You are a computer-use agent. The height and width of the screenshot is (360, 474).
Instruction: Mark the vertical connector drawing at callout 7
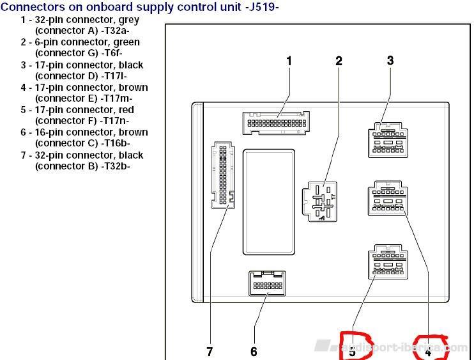click(221, 175)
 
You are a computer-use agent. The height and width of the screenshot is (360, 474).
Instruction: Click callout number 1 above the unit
click(289, 61)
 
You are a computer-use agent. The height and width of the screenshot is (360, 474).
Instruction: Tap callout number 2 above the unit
click(339, 61)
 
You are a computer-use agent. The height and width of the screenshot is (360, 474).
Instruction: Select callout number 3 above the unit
click(390, 61)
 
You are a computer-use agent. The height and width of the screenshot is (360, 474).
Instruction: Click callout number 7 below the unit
click(209, 352)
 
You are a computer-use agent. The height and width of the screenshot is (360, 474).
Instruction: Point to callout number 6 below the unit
click(254, 352)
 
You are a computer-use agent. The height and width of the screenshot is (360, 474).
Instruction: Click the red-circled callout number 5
click(352, 351)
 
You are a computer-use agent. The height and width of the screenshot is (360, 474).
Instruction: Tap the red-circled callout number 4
click(429, 351)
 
